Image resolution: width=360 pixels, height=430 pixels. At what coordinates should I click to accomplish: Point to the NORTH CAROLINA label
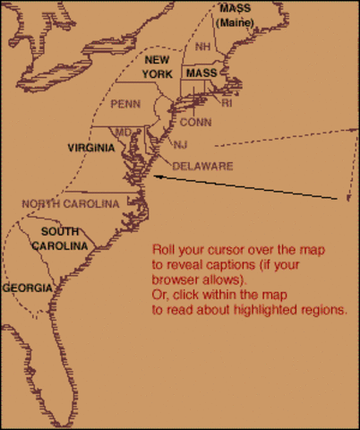[71, 204]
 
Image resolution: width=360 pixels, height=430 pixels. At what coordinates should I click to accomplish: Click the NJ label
[180, 144]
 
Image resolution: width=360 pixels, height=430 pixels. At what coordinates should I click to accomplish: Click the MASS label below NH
[201, 72]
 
